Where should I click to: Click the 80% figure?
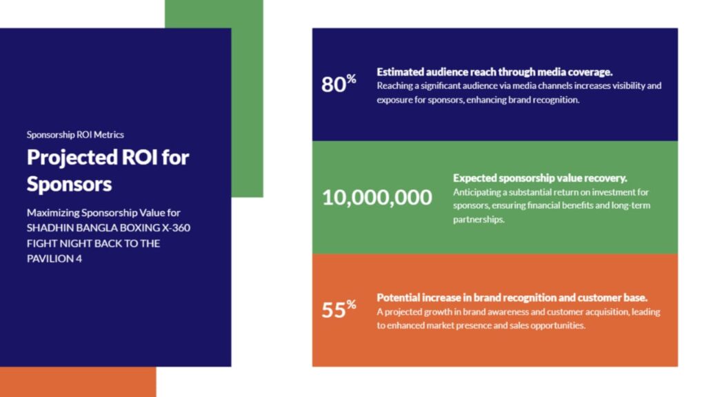point(339,83)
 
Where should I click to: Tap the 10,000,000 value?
point(377,197)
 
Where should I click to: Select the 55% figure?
point(339,309)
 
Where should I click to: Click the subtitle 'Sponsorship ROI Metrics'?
point(75,134)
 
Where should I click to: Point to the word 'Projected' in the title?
point(72,158)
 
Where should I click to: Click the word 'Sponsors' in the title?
point(70,184)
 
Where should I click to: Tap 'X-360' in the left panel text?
point(176,227)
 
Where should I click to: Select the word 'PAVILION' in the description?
point(50,259)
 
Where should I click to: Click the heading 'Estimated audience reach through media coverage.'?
point(494,72)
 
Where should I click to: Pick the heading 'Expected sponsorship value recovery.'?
point(540,179)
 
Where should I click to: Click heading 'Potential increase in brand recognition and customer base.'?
point(512,298)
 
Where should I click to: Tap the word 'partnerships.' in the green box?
point(478,220)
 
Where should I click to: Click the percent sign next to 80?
point(351,79)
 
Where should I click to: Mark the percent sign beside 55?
point(351,305)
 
